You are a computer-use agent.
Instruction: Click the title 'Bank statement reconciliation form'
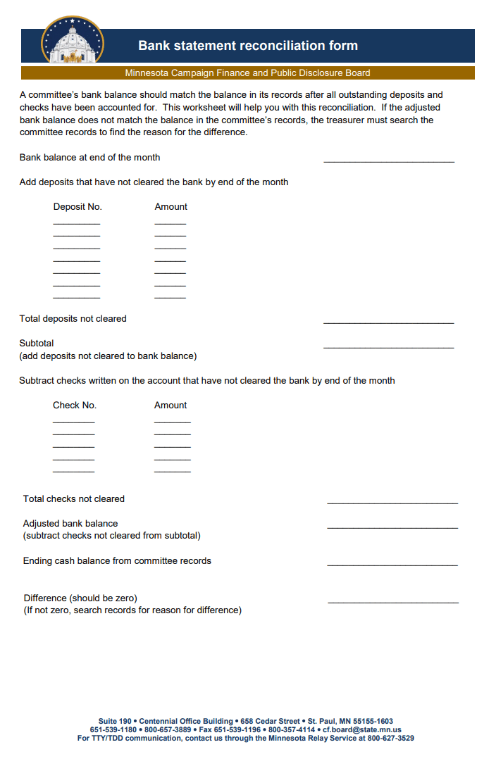(248, 46)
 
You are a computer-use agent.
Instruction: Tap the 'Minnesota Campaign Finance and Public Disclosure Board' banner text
(247, 73)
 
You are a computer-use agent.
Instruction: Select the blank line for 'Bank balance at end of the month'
(389, 161)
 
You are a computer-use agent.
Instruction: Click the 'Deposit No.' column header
(77, 207)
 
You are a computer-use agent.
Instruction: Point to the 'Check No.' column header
(75, 406)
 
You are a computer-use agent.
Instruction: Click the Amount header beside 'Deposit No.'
(170, 207)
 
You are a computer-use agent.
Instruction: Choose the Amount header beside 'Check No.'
(170, 406)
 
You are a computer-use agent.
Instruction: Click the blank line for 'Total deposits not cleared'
(389, 322)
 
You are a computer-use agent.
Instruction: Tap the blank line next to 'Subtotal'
(389, 347)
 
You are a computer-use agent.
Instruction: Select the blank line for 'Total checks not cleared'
(392, 503)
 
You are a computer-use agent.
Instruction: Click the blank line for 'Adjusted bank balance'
(392, 527)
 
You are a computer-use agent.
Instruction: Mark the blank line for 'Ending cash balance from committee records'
(392, 565)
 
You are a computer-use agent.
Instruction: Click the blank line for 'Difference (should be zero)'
(393, 602)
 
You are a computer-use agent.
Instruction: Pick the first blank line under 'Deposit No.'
(77, 223)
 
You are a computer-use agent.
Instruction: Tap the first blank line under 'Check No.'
(74, 422)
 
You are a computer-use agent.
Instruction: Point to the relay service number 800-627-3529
(390, 739)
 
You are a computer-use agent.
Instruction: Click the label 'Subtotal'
(37, 344)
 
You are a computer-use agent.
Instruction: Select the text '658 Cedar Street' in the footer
(270, 722)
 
